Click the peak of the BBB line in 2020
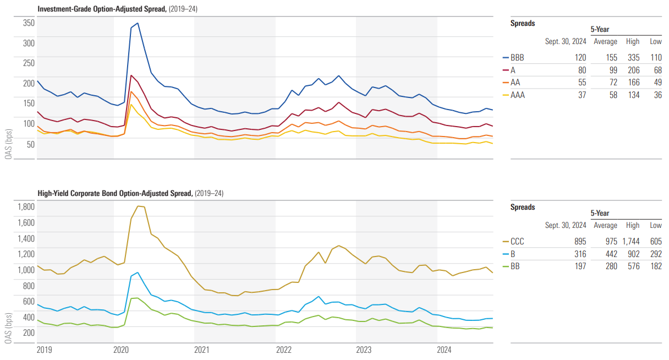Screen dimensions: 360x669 pos(138,23)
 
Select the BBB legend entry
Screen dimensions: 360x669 pos(517,57)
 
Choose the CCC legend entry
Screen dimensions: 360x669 pos(517,242)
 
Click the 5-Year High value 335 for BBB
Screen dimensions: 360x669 pos(633,57)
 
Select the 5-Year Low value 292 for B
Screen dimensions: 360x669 pos(655,254)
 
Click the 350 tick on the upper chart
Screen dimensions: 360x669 pos(29,23)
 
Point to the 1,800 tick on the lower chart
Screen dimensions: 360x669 pos(26,207)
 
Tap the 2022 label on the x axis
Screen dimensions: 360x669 pos(283,350)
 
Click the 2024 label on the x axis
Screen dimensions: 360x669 pos(445,350)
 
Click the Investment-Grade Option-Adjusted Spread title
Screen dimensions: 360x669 pos(102,9)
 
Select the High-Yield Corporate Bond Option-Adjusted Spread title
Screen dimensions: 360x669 pos(115,193)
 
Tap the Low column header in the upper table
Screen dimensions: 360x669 pos(656,41)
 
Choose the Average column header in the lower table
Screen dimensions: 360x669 pos(605,225)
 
